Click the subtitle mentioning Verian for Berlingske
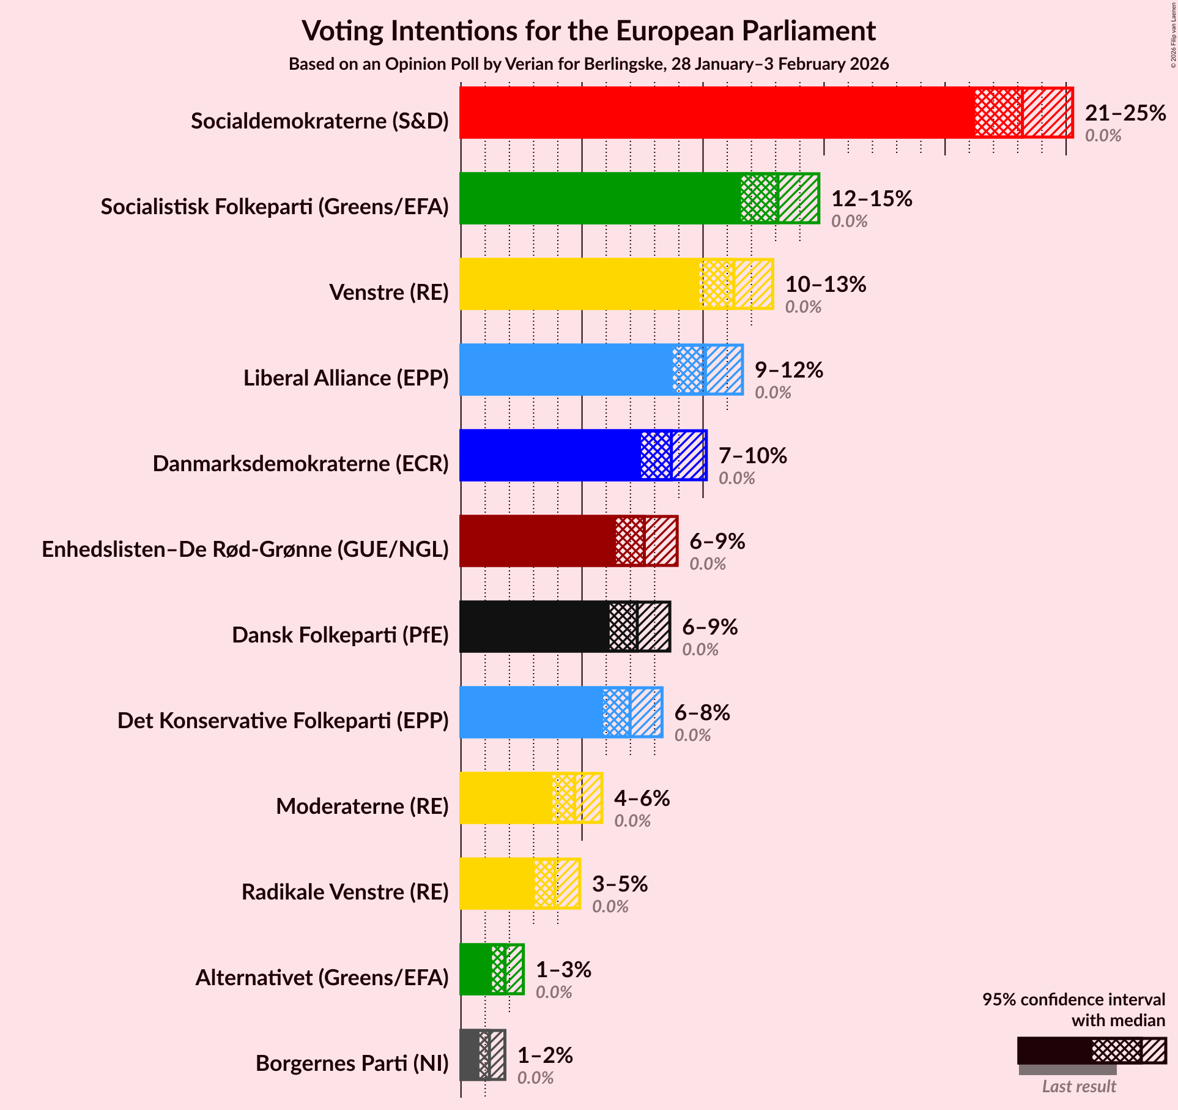pos(588,64)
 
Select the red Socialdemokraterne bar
pos(716,113)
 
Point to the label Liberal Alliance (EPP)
pos(346,378)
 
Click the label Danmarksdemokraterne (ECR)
pos(300,464)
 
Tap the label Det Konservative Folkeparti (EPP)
pos(283,721)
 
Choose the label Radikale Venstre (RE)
pos(345,892)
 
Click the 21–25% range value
pos(1125,113)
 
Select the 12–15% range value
pos(871,199)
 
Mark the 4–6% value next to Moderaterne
pos(642,799)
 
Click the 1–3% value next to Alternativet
pos(563,970)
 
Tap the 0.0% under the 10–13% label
pos(802,307)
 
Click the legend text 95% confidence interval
pos(1073,999)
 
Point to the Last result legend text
pos(1079,1086)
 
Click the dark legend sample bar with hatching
pos(1091,1051)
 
